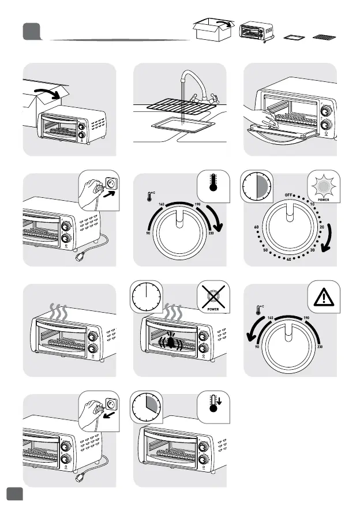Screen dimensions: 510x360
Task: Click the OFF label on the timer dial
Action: point(290,196)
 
